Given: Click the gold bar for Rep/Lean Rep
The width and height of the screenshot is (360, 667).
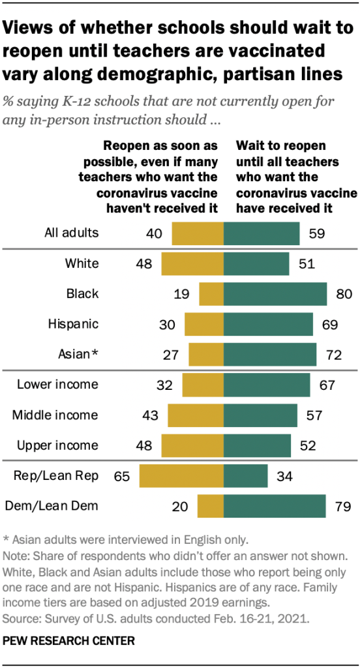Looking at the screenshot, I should click(x=181, y=476).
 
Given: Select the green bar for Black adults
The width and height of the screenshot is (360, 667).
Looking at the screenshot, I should click(x=275, y=294).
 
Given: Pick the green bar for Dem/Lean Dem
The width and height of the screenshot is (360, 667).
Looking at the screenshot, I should click(x=275, y=506).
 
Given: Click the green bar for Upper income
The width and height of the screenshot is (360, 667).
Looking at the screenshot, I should click(x=257, y=445).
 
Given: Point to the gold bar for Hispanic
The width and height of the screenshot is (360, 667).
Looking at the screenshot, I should click(x=203, y=324).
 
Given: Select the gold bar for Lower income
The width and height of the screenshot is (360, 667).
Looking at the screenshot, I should click(x=202, y=385).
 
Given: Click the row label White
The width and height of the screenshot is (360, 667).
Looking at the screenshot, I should click(x=82, y=263).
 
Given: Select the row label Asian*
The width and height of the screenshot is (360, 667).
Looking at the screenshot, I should click(x=78, y=354).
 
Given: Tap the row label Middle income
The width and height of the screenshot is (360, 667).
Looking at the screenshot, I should click(x=57, y=415).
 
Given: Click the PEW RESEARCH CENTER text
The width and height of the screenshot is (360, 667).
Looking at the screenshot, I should click(x=68, y=641).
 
